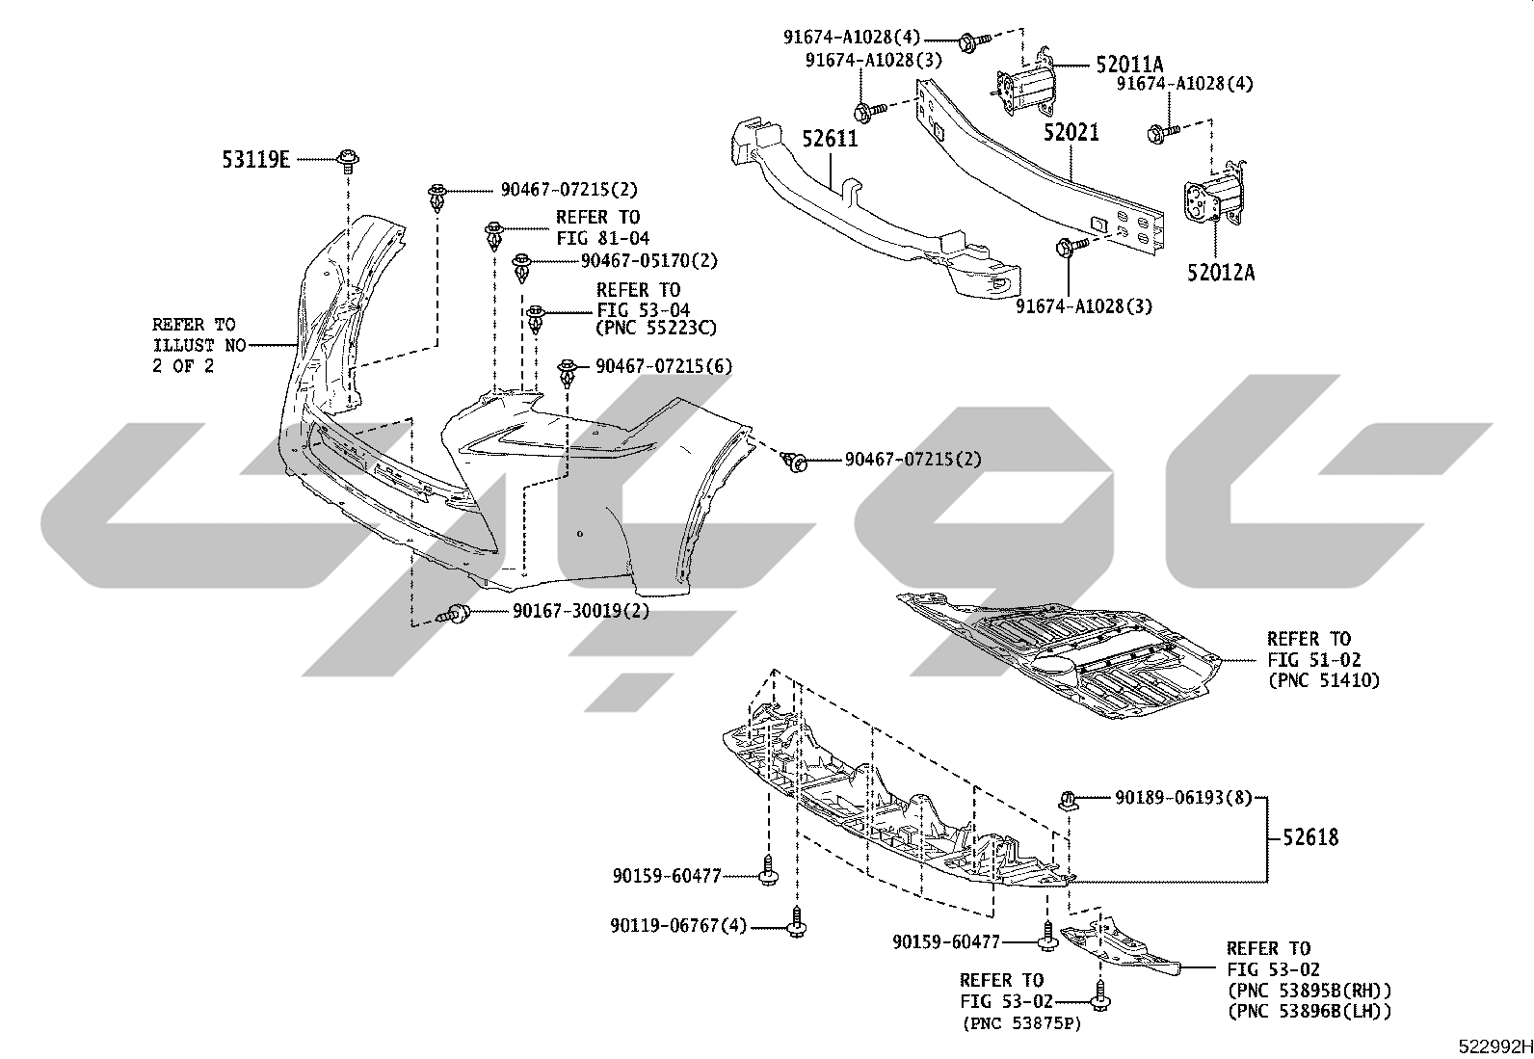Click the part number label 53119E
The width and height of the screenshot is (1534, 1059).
tap(255, 160)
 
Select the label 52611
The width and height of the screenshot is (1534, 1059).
tap(830, 139)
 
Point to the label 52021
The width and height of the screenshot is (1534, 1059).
tap(1071, 132)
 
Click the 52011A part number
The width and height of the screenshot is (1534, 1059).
tap(1129, 65)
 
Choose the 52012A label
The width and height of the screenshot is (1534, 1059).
tap(1221, 273)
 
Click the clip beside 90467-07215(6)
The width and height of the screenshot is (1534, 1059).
tap(567, 374)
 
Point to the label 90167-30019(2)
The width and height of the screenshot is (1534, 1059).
tap(581, 610)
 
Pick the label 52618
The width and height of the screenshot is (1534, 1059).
tap(1310, 837)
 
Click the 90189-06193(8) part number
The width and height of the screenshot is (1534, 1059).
tap(1183, 798)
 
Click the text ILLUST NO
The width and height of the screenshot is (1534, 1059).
tap(199, 345)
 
